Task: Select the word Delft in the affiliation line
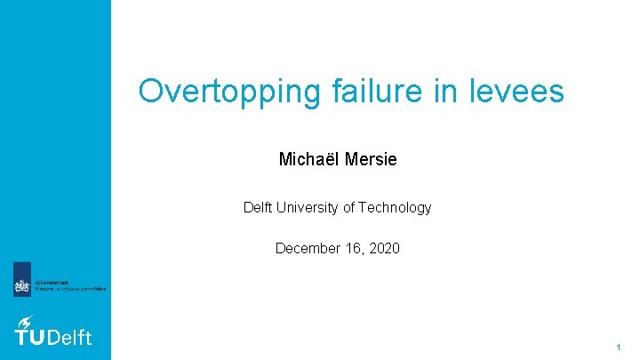point(260,208)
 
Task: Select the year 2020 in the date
point(382,248)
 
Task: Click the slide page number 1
point(618,345)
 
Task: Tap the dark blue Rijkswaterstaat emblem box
point(22,279)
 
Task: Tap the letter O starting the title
point(152,91)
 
